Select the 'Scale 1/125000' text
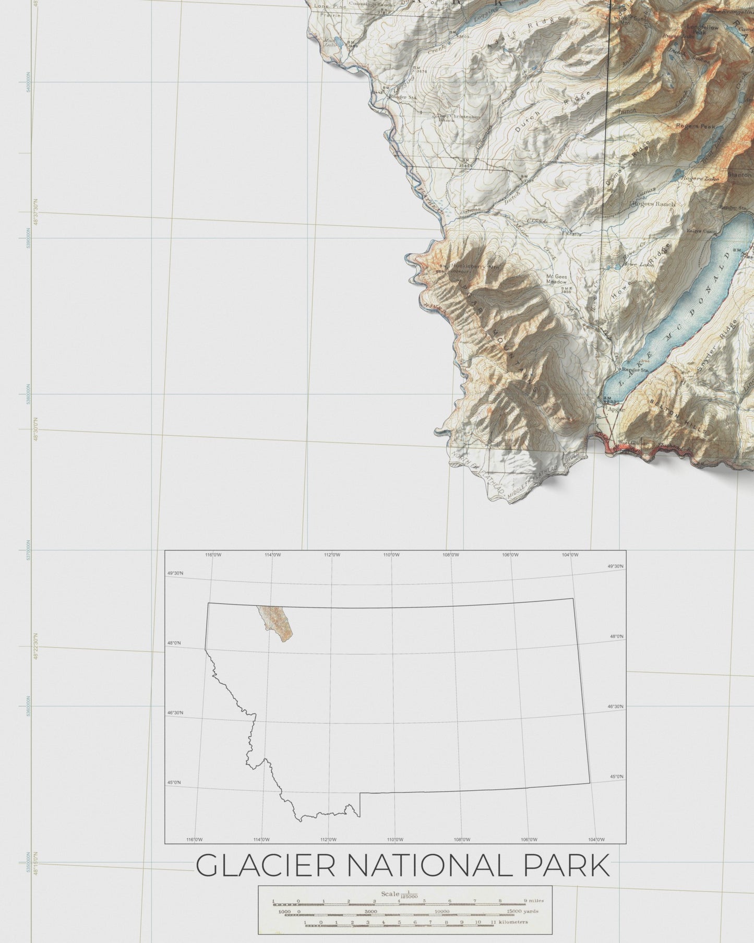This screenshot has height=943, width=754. [399, 894]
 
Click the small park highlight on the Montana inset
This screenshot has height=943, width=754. [275, 624]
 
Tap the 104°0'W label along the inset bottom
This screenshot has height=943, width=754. [596, 840]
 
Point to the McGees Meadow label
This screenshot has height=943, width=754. [556, 279]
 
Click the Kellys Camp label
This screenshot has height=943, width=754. [701, 231]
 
